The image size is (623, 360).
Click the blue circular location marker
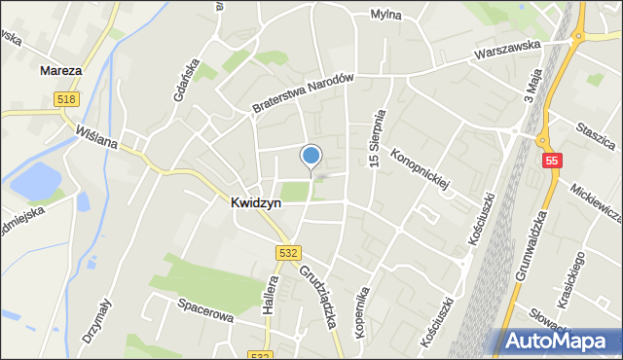pyautogui.click(x=311, y=156)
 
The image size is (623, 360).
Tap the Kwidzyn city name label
pyautogui.click(x=257, y=203)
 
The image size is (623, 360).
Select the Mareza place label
pyautogui.click(x=61, y=71)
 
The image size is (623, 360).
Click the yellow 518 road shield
pyautogui.click(x=65, y=98)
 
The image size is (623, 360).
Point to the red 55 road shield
pyautogui.click(x=552, y=160)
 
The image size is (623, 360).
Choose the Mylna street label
pyautogui.click(x=386, y=15)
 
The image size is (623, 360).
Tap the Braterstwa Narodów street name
pyautogui.click(x=301, y=94)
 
